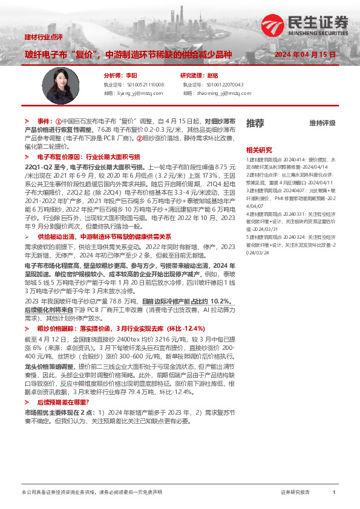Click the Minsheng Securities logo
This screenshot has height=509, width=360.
[x=306, y=25]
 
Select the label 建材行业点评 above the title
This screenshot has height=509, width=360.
[x=44, y=37]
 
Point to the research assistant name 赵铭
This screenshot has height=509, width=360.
[x=212, y=76]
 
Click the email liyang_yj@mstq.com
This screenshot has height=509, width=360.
[x=134, y=94]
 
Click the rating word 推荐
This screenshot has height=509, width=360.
[x=255, y=123]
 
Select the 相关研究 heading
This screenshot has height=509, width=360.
[x=259, y=150]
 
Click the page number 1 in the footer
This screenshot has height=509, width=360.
[x=334, y=493]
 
